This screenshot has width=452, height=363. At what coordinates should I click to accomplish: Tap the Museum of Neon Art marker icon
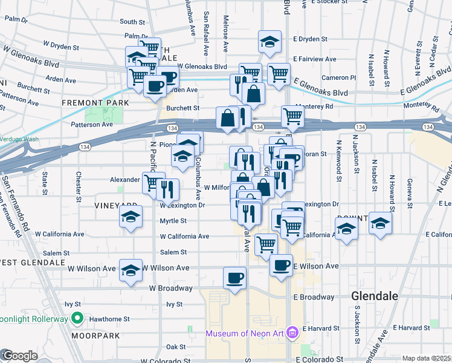point(293,333)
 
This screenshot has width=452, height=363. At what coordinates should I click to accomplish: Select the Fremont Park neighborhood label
point(95,103)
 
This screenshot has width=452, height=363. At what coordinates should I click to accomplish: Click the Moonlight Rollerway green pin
point(77,318)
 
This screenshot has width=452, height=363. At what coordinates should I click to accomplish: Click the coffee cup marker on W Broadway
point(234,278)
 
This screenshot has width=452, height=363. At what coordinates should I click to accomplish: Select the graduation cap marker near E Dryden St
point(270,41)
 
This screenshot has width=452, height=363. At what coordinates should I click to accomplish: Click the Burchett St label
point(183,108)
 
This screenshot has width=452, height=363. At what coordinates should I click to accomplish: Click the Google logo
point(19,355)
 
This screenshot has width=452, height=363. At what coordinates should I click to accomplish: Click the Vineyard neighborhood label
point(113,206)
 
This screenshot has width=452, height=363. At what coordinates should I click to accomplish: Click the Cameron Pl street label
point(339,77)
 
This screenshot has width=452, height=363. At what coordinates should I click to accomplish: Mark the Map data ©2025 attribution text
point(427,358)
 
